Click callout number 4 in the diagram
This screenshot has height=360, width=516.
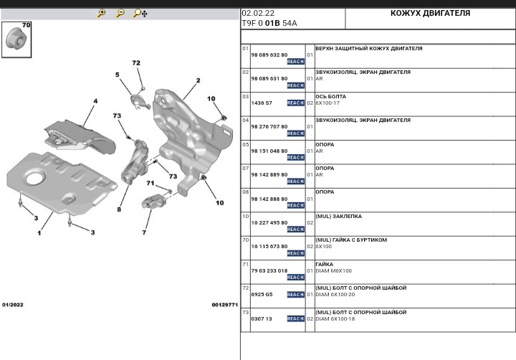pos(95,101)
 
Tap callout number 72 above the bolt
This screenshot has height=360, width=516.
pos(136,63)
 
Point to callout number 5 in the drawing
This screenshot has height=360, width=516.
pos(118,75)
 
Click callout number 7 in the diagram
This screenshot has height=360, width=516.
pos(144,232)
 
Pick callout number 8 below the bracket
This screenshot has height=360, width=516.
pos(119,209)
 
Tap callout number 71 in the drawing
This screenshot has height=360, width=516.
pos(150,183)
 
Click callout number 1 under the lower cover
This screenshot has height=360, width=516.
pos(39,233)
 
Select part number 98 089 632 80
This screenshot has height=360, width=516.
pos(269,55)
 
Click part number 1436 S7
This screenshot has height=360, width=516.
pos(262,103)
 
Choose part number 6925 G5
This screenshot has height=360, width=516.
pos(262,294)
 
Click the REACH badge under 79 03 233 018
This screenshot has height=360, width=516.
pos(295,278)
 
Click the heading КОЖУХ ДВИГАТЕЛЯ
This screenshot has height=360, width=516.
pos(430,13)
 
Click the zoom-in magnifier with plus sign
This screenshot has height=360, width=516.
pos(102,13)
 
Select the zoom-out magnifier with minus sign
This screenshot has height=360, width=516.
pos(120,13)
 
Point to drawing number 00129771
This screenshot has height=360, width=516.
pos(224,305)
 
